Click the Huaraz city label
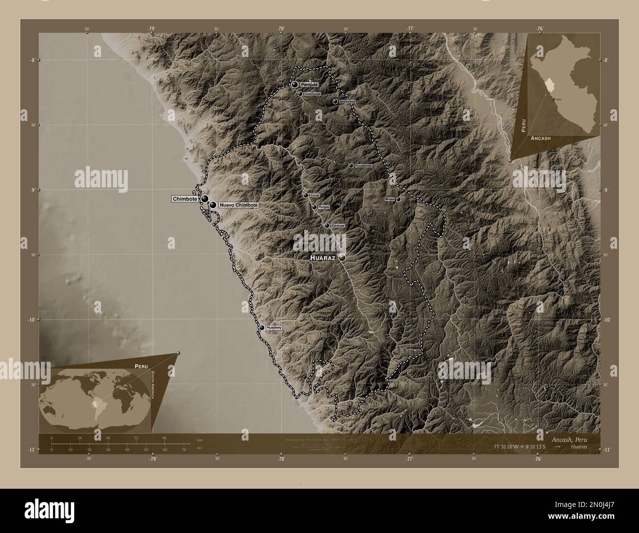(x=322, y=258)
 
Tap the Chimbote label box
(x=185, y=199)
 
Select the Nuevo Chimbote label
(x=238, y=205)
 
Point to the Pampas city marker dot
(x=294, y=85)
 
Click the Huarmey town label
(x=274, y=327)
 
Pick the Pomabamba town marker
(x=351, y=166)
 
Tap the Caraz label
(x=315, y=195)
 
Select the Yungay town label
(x=323, y=207)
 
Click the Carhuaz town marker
(x=327, y=226)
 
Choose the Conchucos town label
(x=312, y=93)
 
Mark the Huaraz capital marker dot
(x=342, y=258)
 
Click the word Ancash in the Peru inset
(x=540, y=139)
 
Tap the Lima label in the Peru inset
(x=558, y=99)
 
